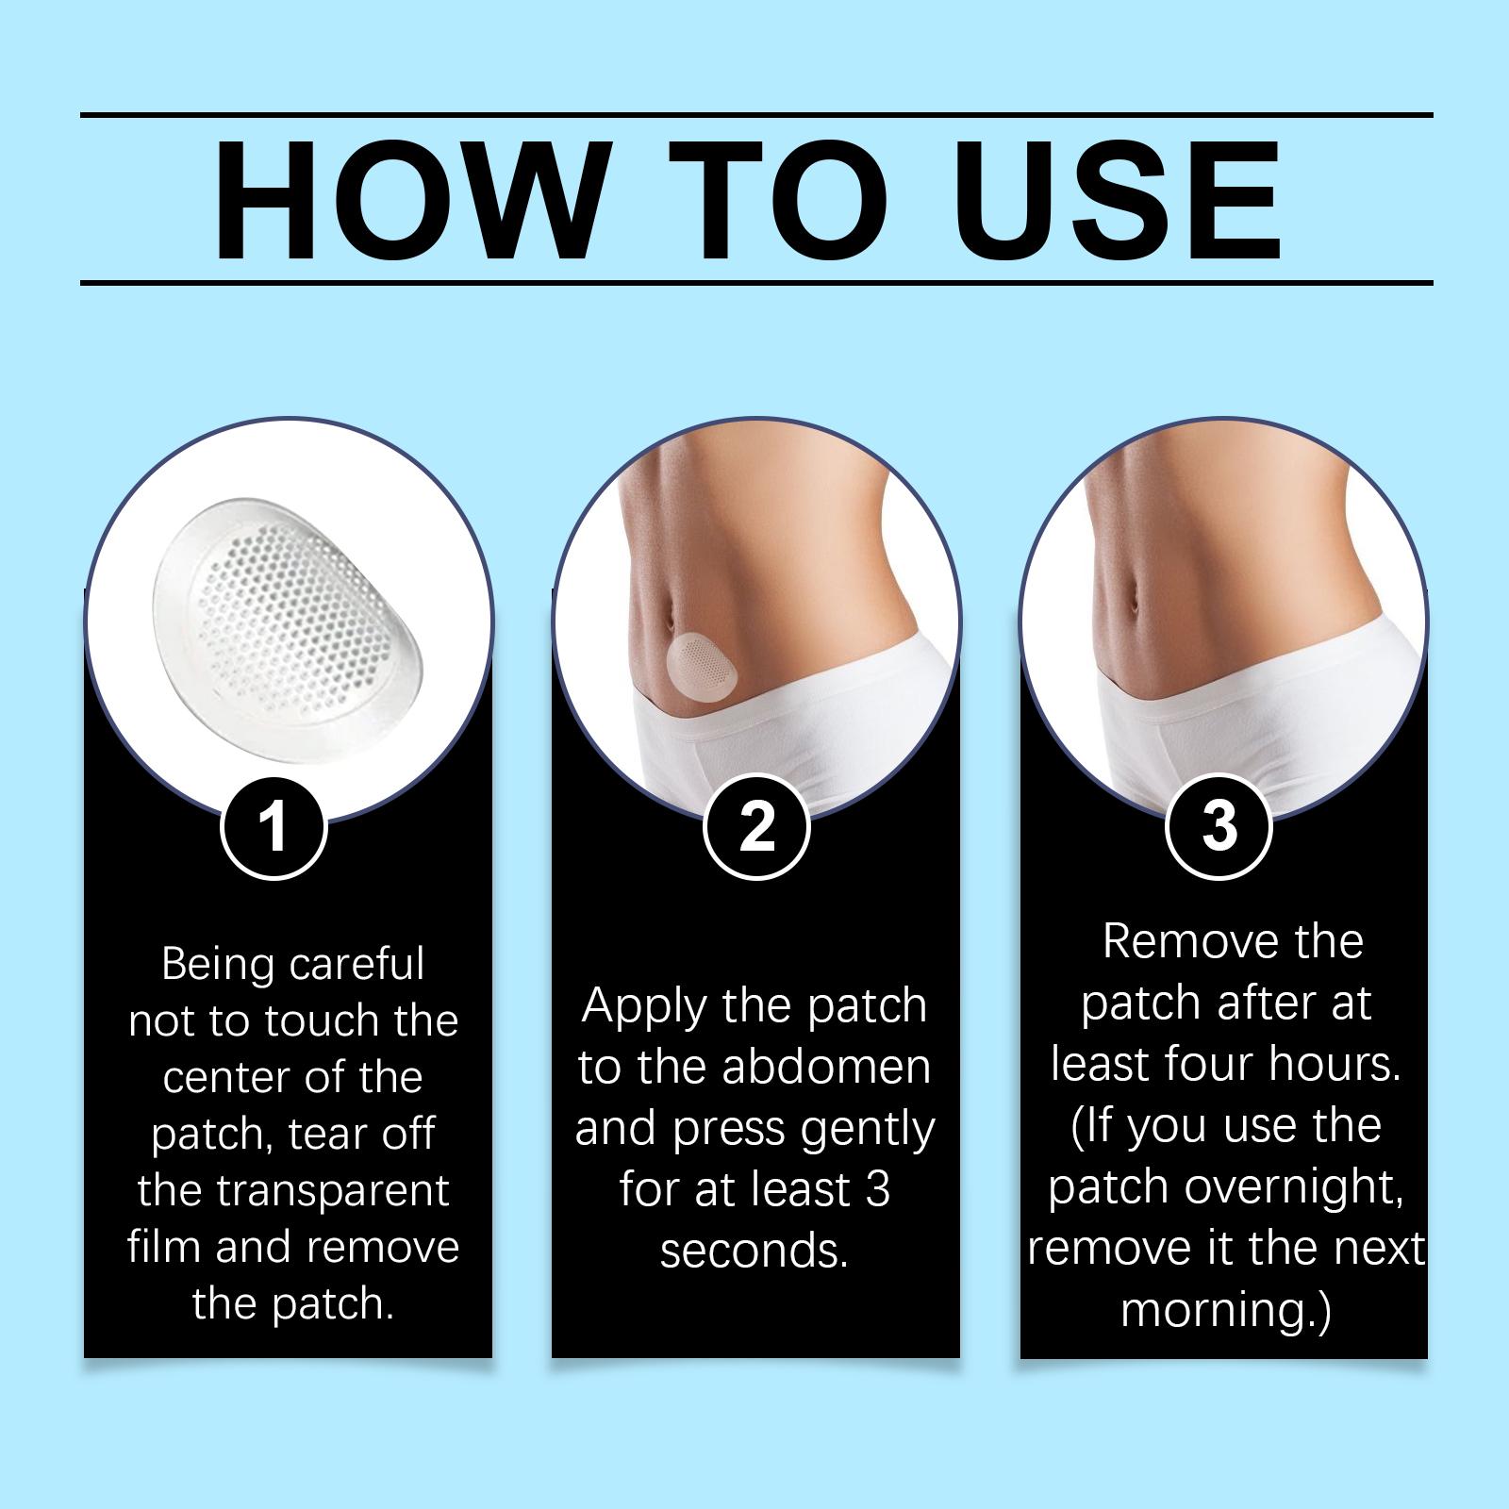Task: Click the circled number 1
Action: [x=274, y=827]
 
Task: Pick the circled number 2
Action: [x=756, y=827]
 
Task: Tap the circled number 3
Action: [x=1219, y=827]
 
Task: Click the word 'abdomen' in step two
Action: [x=825, y=1067]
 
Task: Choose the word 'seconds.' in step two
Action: [x=754, y=1252]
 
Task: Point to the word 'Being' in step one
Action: [x=220, y=965]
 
